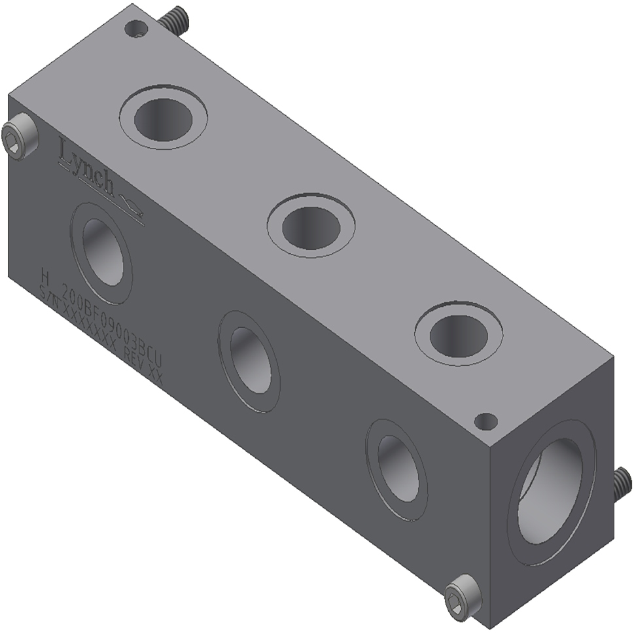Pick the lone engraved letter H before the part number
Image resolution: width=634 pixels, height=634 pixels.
[45, 273]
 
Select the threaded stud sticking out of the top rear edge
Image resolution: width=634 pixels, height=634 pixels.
[173, 20]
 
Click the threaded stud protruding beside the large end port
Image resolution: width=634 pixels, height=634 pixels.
[622, 484]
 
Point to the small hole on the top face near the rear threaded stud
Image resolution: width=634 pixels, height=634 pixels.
[135, 29]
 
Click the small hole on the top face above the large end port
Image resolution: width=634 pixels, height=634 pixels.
[485, 421]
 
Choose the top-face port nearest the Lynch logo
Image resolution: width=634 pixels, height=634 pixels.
[163, 117]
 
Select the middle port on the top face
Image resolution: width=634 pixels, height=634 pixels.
[311, 226]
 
